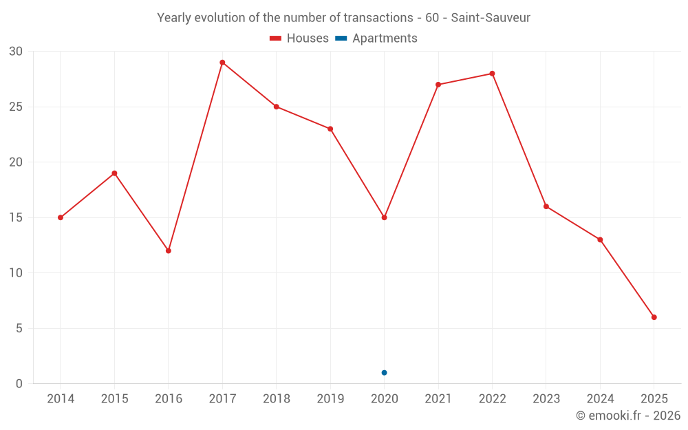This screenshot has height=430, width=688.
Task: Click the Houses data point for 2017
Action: click(x=222, y=63)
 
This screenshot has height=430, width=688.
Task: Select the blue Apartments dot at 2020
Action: click(x=384, y=373)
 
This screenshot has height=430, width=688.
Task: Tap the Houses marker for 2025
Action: click(x=654, y=317)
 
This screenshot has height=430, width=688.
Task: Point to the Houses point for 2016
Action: click(x=169, y=250)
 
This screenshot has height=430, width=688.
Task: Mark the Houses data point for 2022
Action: click(x=492, y=74)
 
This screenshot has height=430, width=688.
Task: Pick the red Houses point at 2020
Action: click(x=384, y=217)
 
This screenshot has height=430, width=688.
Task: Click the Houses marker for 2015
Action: click(x=114, y=173)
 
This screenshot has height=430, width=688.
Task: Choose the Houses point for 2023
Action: click(x=546, y=206)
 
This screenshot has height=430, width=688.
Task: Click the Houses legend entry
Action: click(x=299, y=39)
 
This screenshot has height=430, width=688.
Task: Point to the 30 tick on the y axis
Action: click(x=16, y=52)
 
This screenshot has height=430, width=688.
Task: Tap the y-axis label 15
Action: click(x=16, y=217)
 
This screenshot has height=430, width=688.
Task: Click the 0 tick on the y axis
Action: click(x=19, y=384)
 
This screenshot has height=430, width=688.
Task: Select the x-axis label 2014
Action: click(x=61, y=399)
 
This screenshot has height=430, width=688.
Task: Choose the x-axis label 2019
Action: click(x=330, y=399)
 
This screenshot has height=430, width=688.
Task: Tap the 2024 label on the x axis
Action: click(x=600, y=399)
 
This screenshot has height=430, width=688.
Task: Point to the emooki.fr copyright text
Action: click(x=627, y=416)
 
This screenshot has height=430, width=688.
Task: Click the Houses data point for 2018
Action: click(x=276, y=107)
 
